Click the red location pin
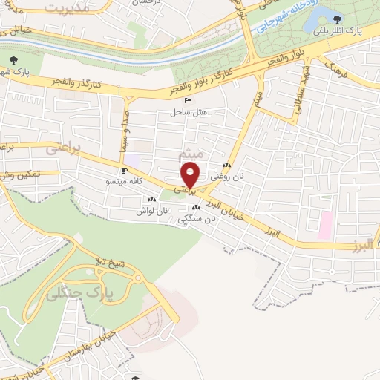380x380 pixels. point(191,175)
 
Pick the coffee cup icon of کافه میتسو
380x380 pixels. point(123,170)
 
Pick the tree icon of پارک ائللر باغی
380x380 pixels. point(338,19)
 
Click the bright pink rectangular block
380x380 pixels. point(326,225)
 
